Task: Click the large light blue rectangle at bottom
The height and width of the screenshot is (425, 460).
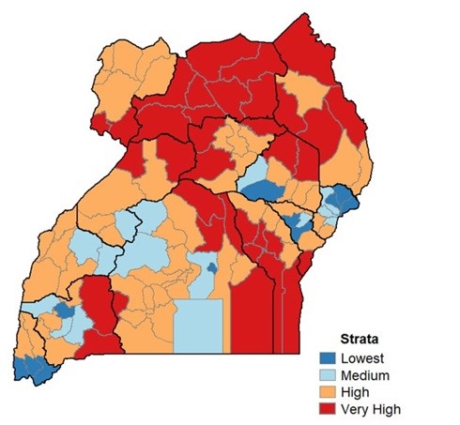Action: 200,324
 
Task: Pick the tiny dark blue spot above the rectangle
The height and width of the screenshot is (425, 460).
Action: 213,268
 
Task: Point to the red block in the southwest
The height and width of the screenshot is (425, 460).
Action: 100,314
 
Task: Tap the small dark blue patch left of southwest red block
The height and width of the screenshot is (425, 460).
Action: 64,309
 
